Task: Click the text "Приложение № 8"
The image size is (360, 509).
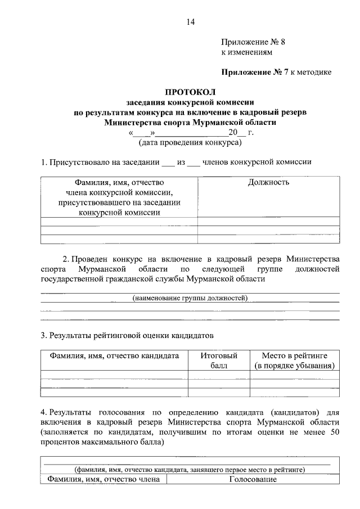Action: coord(249,42)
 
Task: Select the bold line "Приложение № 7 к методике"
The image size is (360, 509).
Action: coord(276,72)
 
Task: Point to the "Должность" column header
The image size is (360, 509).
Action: coord(268,182)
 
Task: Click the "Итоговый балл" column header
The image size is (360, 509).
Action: coord(219,361)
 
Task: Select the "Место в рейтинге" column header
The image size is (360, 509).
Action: coord(295,361)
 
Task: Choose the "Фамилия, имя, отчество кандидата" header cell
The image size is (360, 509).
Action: coord(114,355)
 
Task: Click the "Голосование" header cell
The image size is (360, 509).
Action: coord(253,479)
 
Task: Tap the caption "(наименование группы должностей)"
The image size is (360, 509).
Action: coord(190,298)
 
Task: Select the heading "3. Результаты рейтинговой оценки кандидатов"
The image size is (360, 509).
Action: coord(128,336)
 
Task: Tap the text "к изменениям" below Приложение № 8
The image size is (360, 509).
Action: coord(245,52)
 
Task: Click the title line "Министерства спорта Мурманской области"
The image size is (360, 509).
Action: coord(190,122)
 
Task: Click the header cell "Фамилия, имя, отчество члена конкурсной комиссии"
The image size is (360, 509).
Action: coord(119,197)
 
